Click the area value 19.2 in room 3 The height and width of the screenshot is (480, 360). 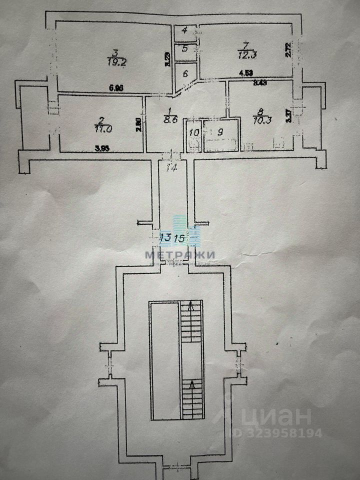click(115, 61)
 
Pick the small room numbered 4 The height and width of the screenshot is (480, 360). click(185, 30)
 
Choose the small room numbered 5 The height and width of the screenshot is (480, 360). click(185, 48)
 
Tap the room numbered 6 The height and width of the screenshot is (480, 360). click(185, 73)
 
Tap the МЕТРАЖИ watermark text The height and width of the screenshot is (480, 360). click(180, 254)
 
